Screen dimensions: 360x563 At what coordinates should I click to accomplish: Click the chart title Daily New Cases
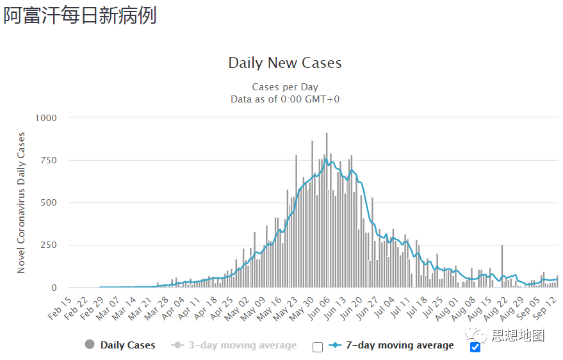click(284, 63)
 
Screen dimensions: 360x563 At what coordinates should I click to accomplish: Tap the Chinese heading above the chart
click(80, 15)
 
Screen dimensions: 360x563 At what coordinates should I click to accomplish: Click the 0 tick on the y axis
click(54, 288)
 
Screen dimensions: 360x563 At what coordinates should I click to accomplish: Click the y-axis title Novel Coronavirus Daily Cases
click(21, 203)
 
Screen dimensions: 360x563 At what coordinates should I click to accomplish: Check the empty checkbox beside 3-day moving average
click(318, 347)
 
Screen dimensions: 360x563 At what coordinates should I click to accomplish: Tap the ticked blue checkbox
click(475, 347)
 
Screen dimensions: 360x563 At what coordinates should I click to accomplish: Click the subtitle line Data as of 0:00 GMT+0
click(284, 99)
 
